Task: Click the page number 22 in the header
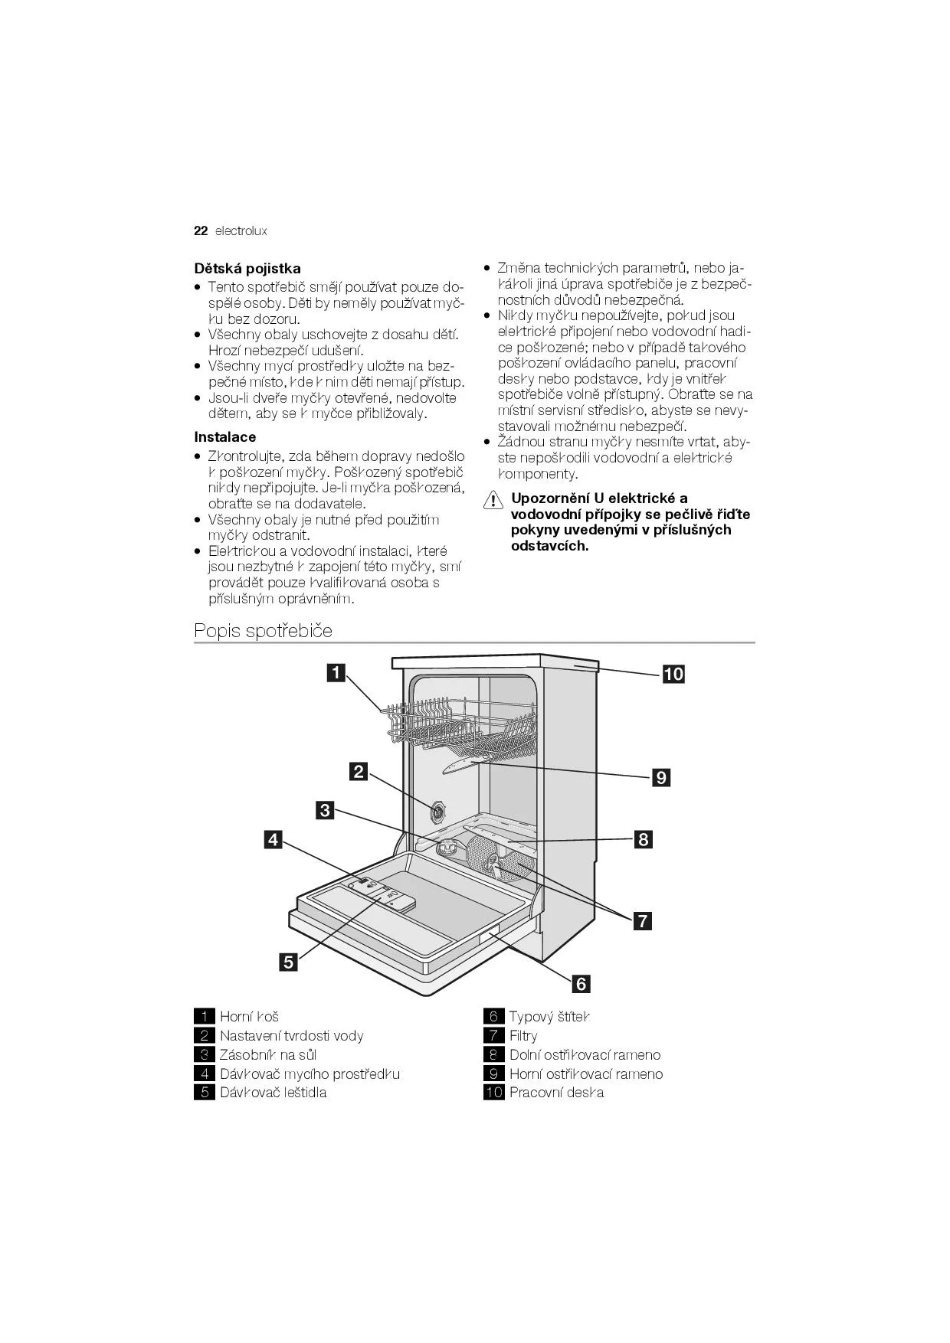tap(201, 230)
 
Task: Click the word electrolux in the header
tap(241, 230)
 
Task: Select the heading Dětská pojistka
tap(247, 269)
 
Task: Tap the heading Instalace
tap(224, 437)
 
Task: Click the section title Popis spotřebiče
tap(263, 631)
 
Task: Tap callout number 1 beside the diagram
tap(336, 673)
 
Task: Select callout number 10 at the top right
tap(673, 674)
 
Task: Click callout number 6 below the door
tap(581, 983)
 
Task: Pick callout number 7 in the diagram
tap(642, 920)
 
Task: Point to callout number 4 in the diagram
tap(273, 839)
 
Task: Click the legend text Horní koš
tap(249, 1017)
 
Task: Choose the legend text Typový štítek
tap(549, 1017)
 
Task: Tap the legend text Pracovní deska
tap(556, 1093)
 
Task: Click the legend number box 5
tap(204, 1093)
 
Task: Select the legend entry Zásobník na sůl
tap(268, 1055)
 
